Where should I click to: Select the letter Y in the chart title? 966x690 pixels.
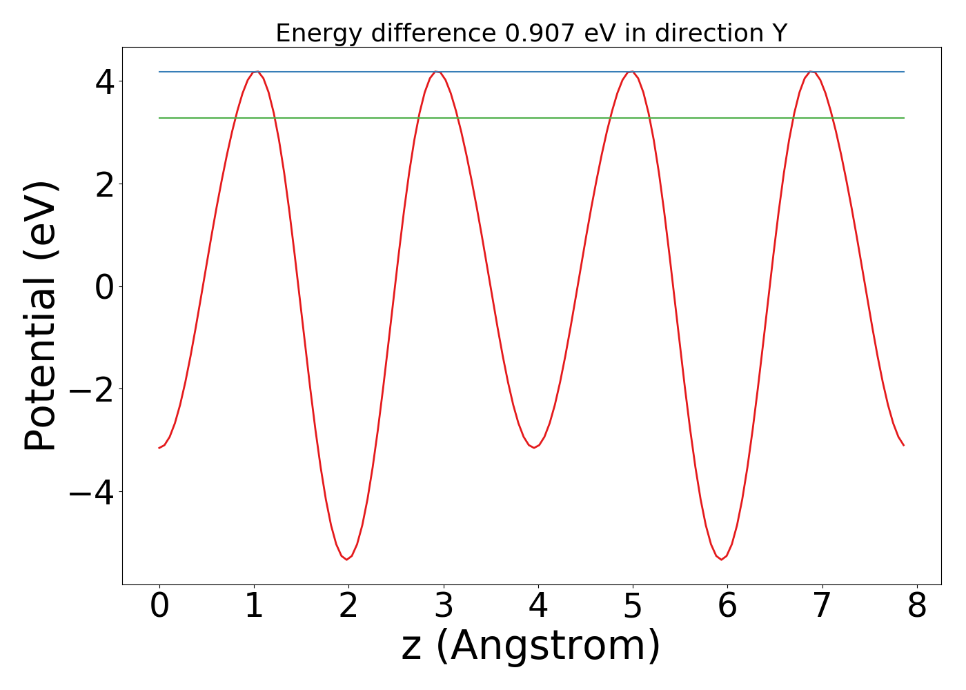pos(780,33)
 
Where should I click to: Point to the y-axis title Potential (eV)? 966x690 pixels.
pos(41,316)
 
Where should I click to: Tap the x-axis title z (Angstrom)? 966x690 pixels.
pos(531,646)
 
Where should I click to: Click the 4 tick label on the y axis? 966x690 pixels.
pos(106,81)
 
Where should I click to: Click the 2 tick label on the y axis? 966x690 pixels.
pos(106,184)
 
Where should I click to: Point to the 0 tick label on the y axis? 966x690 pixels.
pos(106,286)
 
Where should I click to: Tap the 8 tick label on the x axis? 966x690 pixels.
pos(916,606)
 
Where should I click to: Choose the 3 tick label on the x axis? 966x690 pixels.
pos(444,606)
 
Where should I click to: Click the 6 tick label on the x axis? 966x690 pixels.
pos(727,606)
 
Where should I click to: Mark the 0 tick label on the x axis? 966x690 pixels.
pos(159,606)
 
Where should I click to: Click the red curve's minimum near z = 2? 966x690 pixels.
pos(346,559)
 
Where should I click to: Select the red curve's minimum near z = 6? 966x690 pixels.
pos(722,559)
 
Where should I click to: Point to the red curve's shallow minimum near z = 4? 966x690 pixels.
pos(533,448)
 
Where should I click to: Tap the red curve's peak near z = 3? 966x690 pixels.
pos(435,71)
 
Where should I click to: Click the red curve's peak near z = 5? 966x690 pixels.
pos(631,71)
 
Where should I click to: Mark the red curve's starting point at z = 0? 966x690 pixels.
pos(159,448)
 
